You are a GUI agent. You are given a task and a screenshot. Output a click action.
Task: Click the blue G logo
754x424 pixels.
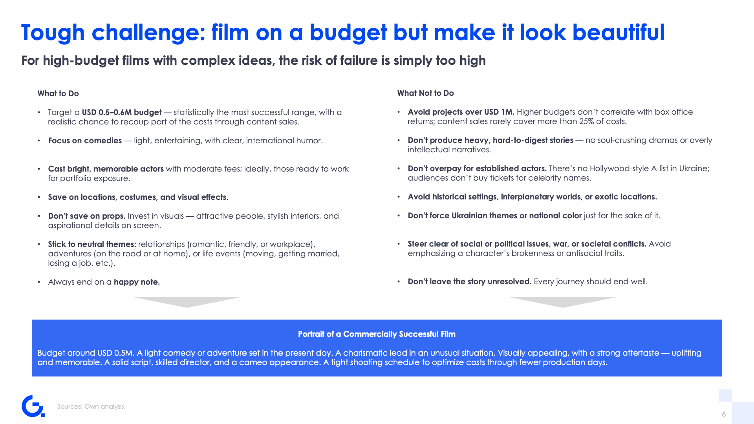coord(33,406)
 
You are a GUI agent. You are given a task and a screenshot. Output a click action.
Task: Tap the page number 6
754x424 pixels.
coord(724,414)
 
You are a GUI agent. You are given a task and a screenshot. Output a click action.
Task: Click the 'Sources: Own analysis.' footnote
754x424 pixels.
coord(92,406)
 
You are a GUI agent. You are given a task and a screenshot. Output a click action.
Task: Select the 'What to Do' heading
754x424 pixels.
coord(58,93)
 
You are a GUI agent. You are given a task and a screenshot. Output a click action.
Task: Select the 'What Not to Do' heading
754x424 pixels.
coord(425,93)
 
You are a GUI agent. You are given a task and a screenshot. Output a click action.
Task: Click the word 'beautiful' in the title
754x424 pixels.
coord(619,32)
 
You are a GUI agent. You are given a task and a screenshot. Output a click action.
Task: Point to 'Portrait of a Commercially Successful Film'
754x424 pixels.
coord(377,334)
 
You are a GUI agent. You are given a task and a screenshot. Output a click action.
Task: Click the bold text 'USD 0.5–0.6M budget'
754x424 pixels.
coord(122,112)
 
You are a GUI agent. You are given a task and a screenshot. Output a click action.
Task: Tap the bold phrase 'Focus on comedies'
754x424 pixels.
coord(85,141)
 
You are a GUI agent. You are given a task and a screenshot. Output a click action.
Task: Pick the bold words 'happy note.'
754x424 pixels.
coord(137,282)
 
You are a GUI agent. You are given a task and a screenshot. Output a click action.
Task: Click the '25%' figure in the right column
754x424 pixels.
coord(586,121)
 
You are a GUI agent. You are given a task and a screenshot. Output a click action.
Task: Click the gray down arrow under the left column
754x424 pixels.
coord(187,302)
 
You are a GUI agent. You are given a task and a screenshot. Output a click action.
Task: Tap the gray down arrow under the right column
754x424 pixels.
coord(563,302)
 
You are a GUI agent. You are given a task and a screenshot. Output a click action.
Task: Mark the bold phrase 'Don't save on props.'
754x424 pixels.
coord(87,216)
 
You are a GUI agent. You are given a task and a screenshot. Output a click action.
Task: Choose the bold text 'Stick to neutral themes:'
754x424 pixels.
coord(92,244)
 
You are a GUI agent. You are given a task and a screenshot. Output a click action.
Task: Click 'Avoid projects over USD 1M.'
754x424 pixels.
coord(461,112)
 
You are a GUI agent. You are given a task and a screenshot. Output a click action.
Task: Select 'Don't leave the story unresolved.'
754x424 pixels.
coord(470,281)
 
